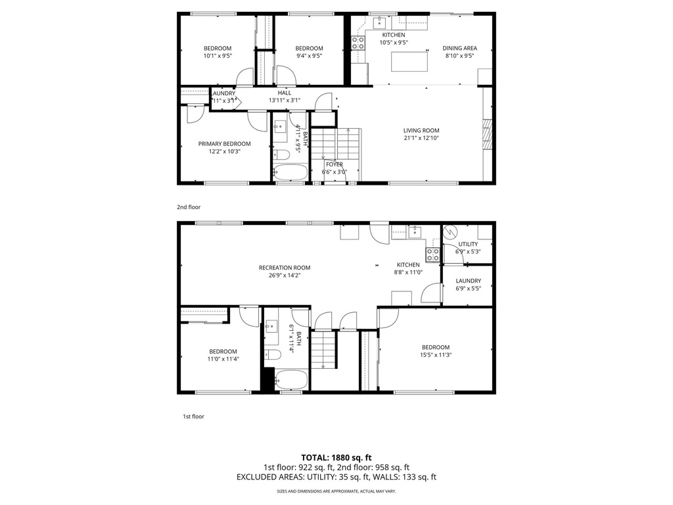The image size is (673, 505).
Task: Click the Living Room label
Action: tap(421, 130)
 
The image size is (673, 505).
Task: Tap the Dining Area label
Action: tap(459, 48)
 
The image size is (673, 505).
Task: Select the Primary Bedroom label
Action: tap(225, 143)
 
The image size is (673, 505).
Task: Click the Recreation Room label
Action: tap(284, 268)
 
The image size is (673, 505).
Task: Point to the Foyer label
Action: tap(334, 164)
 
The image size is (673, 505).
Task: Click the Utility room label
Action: tap(468, 244)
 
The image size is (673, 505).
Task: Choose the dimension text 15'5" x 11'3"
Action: tap(436, 355)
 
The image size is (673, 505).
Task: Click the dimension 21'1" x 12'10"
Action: tap(421, 138)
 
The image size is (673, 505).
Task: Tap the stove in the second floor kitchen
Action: tap(358, 43)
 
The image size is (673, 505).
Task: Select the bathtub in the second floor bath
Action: tap(290, 173)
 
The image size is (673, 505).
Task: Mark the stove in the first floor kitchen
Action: tap(432, 254)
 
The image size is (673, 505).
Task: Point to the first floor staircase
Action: tap(323, 349)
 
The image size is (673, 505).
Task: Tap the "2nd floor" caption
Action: tap(189, 207)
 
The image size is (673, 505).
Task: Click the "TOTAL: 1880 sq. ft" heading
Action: tap(336, 458)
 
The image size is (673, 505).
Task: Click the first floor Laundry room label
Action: tap(468, 281)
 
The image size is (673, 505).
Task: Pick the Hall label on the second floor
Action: tap(284, 93)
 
